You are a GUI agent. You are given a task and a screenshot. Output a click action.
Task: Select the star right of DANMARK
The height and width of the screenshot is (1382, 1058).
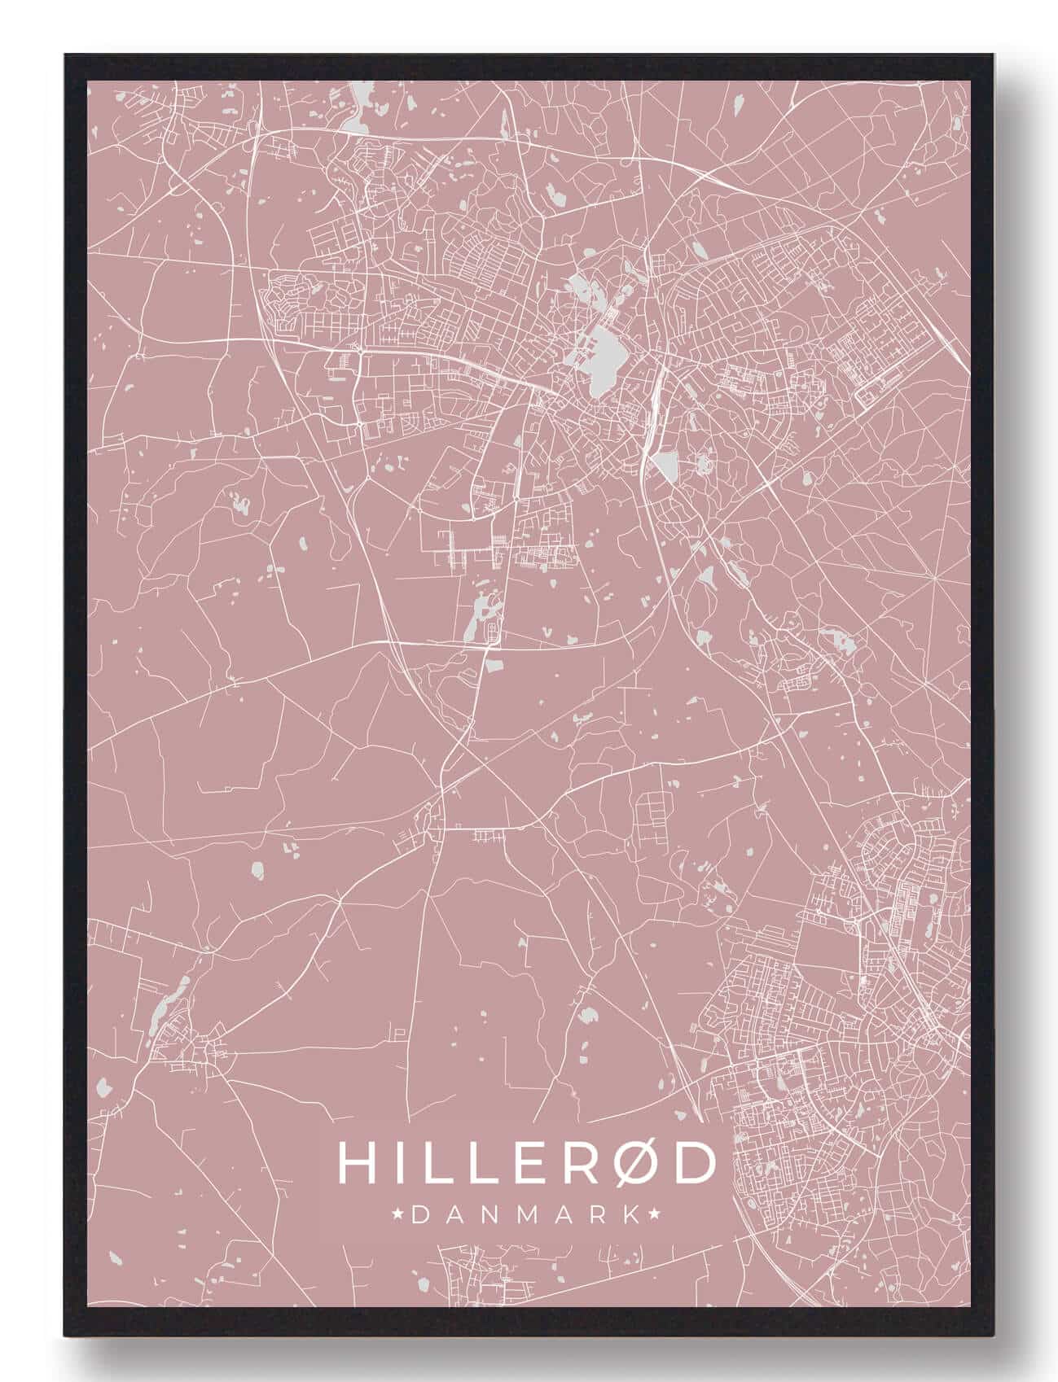653,1215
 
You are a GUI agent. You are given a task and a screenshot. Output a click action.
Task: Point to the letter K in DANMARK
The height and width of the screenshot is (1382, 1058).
630,1215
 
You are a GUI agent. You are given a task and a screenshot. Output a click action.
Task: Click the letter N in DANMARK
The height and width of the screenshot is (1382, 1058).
487,1215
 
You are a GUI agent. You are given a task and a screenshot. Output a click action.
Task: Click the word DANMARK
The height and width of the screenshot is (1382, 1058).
526,1215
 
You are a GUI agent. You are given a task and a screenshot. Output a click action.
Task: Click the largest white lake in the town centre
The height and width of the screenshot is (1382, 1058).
605,357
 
